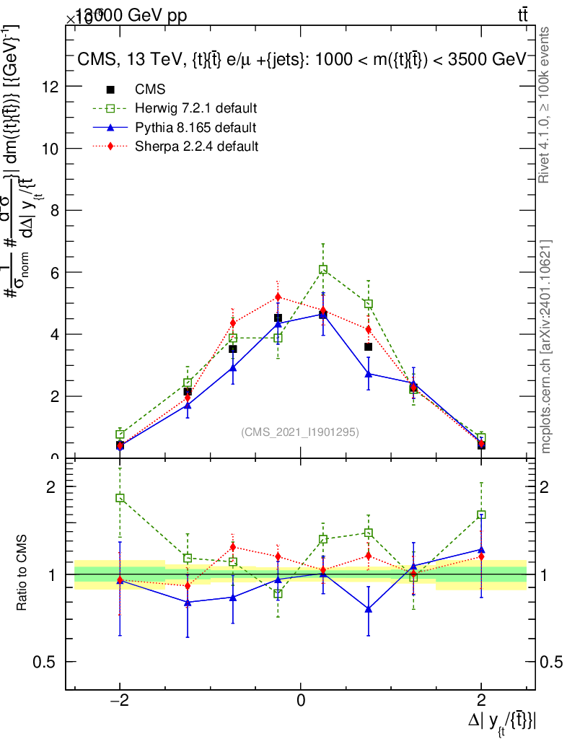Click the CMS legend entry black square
(110, 89)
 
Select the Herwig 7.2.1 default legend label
(195, 109)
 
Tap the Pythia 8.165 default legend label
(195, 128)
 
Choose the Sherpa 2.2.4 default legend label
(195, 147)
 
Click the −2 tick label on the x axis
(120, 699)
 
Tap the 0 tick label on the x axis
(301, 699)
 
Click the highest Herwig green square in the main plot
(323, 269)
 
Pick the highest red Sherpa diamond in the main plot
(278, 297)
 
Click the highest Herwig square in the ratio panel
(120, 498)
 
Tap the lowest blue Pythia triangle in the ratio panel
(369, 609)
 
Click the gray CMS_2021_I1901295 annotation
(300, 432)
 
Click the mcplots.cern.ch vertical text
(546, 346)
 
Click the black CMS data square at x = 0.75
(369, 347)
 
